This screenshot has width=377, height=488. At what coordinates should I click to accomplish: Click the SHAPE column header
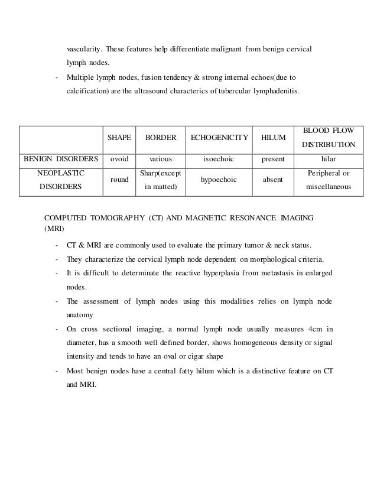(119, 137)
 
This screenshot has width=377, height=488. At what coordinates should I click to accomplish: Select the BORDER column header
(161, 137)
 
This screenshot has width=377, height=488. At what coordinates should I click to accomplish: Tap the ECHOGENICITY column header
(219, 137)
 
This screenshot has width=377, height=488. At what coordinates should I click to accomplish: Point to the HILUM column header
(273, 137)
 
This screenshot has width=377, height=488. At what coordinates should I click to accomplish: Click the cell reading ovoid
(119, 159)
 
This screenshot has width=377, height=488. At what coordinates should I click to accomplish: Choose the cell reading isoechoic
(219, 159)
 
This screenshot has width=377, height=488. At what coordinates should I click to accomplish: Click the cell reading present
(273, 159)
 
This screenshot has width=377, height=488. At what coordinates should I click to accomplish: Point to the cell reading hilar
(329, 159)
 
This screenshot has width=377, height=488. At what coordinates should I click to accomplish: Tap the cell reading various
(161, 159)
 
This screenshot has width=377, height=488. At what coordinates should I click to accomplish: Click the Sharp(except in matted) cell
(161, 180)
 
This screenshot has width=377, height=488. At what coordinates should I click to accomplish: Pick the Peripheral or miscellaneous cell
(329, 180)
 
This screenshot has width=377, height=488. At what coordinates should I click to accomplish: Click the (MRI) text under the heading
(55, 227)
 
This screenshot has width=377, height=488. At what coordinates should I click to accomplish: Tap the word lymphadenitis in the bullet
(276, 92)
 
